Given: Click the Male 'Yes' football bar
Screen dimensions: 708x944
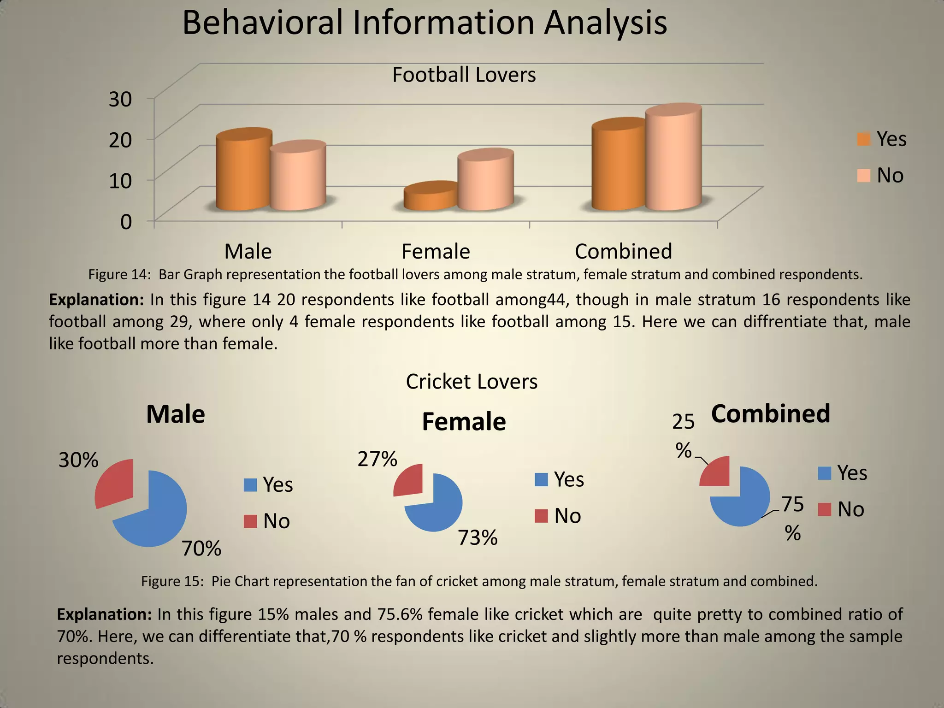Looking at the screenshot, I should [243, 173].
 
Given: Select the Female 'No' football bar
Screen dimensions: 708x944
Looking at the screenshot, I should [485, 182].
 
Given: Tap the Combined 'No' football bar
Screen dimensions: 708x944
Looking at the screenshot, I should [673, 159].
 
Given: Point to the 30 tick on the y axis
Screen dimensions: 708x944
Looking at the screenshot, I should [120, 99].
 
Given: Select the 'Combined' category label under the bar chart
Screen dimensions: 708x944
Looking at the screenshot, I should [623, 252].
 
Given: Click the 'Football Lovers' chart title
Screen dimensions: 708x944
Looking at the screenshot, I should [464, 75].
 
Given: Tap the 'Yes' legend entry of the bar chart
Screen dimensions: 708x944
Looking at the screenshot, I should [882, 139].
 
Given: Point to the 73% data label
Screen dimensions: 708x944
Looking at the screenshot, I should [478, 537].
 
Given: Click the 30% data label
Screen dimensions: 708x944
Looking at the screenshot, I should [78, 460].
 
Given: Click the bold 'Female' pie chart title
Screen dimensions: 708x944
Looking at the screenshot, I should [464, 422].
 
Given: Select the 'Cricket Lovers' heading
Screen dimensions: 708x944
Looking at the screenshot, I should [472, 382].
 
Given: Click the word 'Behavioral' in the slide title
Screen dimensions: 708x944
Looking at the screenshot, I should [262, 23].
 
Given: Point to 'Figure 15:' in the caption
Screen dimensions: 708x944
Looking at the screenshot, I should [172, 581].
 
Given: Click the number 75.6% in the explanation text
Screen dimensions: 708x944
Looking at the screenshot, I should [400, 614].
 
